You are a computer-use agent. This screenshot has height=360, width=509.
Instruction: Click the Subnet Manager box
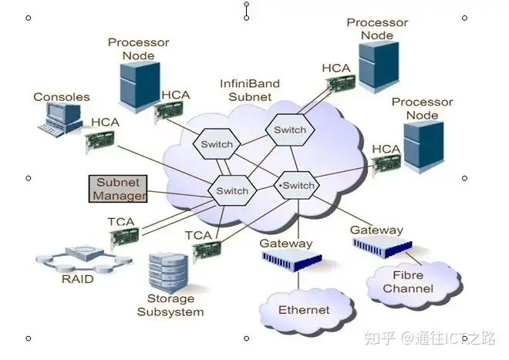[x=117, y=189]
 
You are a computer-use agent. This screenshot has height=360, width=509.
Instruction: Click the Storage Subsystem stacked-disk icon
[x=169, y=269]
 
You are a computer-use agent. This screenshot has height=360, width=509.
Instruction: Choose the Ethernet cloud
[x=304, y=310]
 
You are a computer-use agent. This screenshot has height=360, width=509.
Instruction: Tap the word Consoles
[x=61, y=97]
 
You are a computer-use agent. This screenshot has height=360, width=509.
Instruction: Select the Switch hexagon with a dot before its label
[x=297, y=186]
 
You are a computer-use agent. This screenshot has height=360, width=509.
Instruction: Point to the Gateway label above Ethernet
[x=285, y=244]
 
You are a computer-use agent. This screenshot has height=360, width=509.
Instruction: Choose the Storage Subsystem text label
[x=170, y=304]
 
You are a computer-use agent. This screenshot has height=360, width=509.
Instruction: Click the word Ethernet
[x=304, y=311]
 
